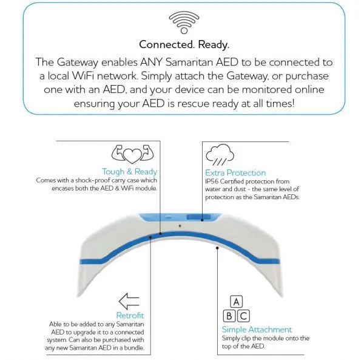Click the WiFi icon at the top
[x=182, y=22]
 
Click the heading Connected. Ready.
[x=182, y=44]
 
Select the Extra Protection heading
[x=235, y=172]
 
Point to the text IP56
[x=213, y=182]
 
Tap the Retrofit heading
[x=129, y=315]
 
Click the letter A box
[x=237, y=301]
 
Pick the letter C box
[x=243, y=315]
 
